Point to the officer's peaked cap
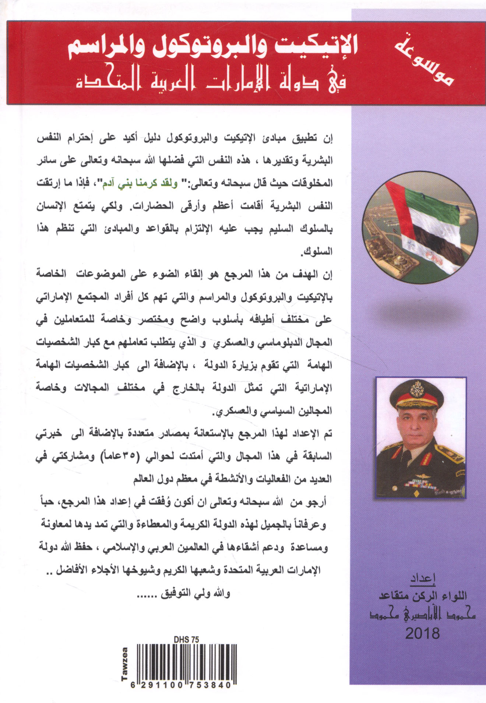click(420, 394)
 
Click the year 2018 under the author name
click(422, 633)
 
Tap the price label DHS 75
click(186, 640)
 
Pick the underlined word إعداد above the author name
click(423, 578)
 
